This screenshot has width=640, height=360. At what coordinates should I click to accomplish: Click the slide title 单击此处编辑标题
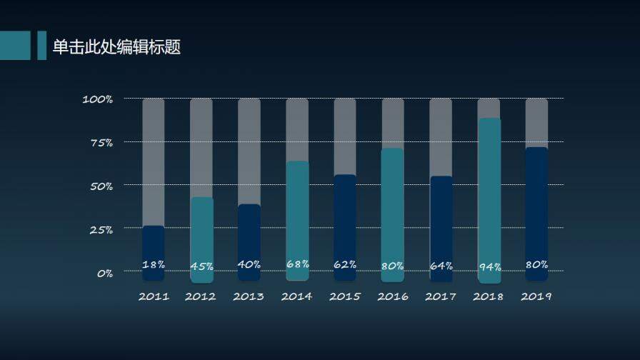pos(116,47)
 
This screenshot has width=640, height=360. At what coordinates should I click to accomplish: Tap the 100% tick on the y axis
pos(98,99)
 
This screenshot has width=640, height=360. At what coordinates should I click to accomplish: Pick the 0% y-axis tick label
pos(104,273)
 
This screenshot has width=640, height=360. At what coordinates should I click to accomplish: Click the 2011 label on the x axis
pos(154,296)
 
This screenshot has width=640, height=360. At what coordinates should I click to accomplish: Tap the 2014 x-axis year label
pos(297,296)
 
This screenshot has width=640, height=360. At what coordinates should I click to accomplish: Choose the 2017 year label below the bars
pos(441,296)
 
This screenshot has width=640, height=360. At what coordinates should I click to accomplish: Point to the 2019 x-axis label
pos(536,296)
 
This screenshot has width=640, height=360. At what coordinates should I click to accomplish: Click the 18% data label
pos(154,264)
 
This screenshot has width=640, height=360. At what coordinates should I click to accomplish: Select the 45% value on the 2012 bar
pos(201,266)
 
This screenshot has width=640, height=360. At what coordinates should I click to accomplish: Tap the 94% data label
pos(489,267)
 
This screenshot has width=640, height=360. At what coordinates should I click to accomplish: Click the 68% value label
pos(297,264)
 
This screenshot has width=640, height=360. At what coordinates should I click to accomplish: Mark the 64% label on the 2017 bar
pos(441,266)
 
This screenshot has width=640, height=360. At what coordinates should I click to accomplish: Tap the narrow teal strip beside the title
pos(41,45)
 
